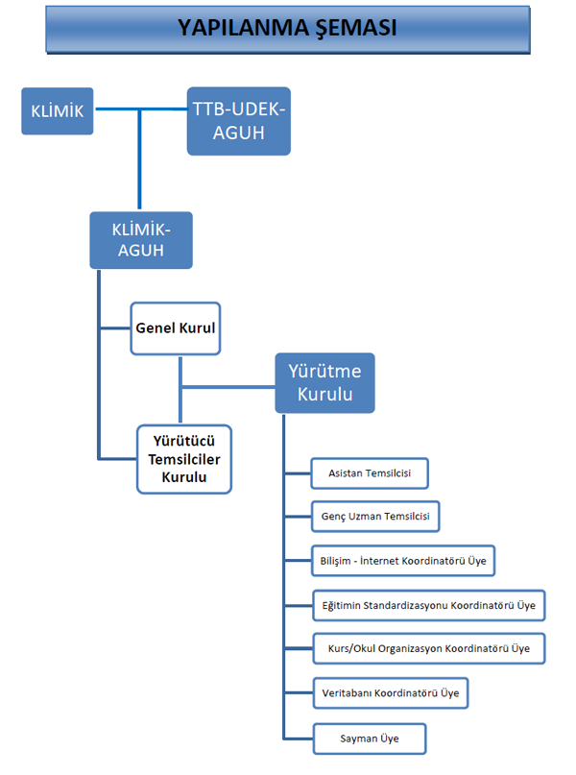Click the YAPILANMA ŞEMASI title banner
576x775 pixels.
(x=287, y=28)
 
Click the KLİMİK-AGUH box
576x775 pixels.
(x=140, y=239)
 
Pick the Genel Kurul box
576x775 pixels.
(x=175, y=328)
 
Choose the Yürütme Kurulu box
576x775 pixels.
(x=324, y=383)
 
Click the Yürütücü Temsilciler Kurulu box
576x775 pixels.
(x=184, y=459)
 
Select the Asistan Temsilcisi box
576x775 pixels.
(x=370, y=474)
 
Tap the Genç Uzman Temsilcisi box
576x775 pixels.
(x=375, y=517)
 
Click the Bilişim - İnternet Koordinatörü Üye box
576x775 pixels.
(x=403, y=560)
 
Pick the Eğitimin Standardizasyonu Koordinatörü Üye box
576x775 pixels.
(x=429, y=606)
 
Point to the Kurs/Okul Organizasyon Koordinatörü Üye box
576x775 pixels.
(x=428, y=649)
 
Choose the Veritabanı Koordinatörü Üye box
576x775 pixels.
(x=391, y=692)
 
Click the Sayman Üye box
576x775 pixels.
(x=369, y=739)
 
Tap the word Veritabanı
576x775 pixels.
(x=347, y=692)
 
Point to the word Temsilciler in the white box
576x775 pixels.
(x=184, y=459)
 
